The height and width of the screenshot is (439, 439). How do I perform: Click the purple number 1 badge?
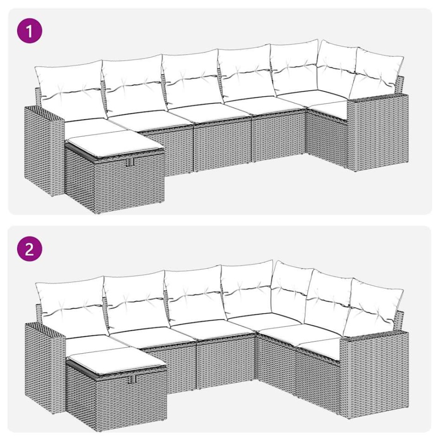pyautogui.click(x=30, y=32)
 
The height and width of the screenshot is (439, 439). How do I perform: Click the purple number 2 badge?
pyautogui.click(x=30, y=249)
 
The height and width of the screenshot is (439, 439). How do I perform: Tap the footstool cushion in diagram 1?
pyautogui.click(x=114, y=143)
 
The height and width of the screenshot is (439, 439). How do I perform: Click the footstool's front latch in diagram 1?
pyautogui.click(x=128, y=162)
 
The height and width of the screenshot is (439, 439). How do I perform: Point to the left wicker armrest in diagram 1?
pyautogui.click(x=44, y=148)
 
